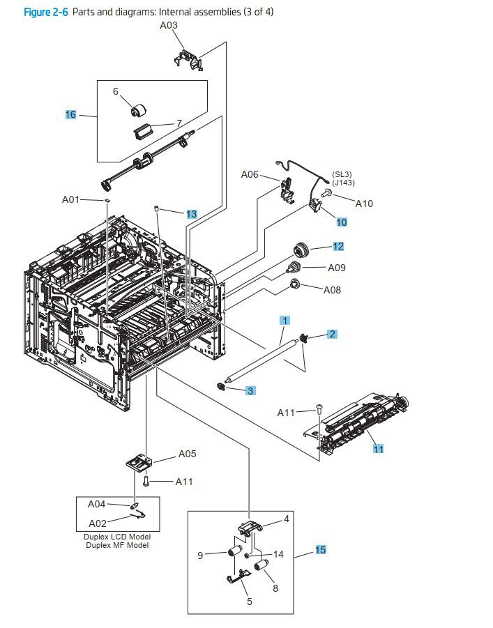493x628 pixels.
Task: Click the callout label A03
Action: click(169, 25)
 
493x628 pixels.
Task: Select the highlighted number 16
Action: click(70, 115)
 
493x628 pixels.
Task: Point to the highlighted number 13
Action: click(192, 214)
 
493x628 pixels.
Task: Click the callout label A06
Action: click(250, 175)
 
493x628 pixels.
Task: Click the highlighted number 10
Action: click(342, 222)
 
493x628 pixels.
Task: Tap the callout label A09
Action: click(337, 268)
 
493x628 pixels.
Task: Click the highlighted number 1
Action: click(285, 320)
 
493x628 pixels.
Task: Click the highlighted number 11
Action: click(378, 449)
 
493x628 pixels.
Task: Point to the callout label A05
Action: click(187, 454)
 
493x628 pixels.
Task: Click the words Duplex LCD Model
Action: click(117, 537)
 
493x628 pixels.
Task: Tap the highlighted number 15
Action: click(320, 550)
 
